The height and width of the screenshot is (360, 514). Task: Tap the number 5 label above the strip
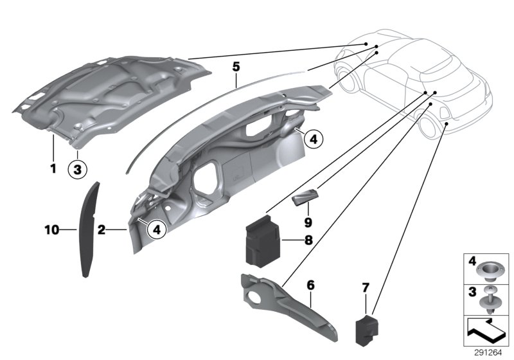click(x=236, y=67)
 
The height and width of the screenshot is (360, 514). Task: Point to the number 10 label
click(x=52, y=229)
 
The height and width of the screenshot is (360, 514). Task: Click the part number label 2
click(x=101, y=229)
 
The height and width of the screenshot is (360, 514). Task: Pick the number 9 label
click(x=308, y=222)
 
